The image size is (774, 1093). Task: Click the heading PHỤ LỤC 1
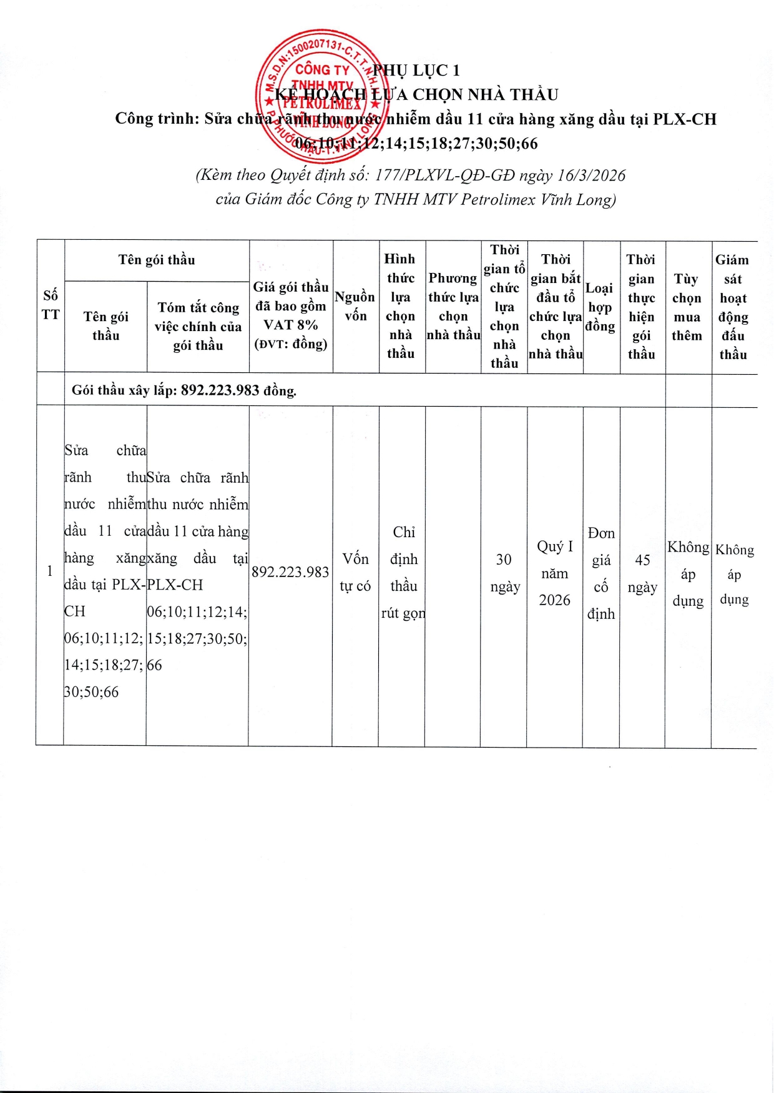click(416, 70)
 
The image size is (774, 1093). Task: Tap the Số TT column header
click(51, 305)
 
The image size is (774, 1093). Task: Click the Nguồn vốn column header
click(355, 306)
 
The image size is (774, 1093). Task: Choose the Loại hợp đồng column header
click(600, 307)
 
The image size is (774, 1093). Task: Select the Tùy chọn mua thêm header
click(687, 307)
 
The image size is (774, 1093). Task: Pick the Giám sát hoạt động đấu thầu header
click(733, 307)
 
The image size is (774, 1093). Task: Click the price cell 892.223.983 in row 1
click(290, 572)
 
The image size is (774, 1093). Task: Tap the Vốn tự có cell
click(355, 572)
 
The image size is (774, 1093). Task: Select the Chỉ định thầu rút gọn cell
click(403, 572)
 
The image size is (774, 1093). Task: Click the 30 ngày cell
click(504, 573)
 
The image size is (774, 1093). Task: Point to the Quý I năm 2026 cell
click(555, 573)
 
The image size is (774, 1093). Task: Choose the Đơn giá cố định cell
click(601, 573)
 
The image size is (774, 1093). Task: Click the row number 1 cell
click(50, 571)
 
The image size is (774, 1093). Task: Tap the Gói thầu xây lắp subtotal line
click(184, 391)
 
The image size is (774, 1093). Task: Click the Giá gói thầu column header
click(291, 315)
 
